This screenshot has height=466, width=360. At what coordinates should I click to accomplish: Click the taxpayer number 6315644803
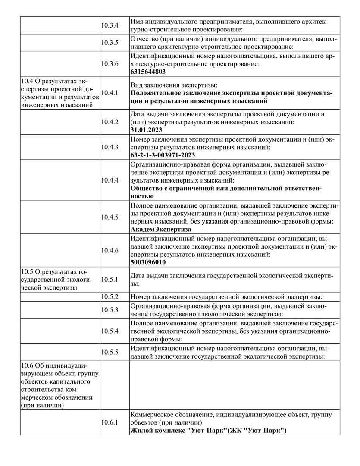148,72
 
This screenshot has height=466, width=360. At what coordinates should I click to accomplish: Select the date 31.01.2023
146,129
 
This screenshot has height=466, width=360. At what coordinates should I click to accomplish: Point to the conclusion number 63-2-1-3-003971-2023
163,155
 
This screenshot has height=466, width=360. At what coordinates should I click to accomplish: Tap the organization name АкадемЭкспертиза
161,230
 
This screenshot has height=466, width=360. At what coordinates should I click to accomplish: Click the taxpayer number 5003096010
148,262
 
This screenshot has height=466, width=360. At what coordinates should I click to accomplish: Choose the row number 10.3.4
110,25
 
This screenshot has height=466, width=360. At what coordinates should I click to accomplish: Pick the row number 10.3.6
110,63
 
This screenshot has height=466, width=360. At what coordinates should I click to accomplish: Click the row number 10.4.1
110,93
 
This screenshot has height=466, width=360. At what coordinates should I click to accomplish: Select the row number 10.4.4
110,180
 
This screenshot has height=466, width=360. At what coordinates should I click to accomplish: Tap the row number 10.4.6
110,250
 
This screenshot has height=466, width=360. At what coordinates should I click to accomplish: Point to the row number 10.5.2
110,297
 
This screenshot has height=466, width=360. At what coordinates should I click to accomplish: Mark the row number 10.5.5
110,352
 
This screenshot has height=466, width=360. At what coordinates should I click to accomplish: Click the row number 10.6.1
110,422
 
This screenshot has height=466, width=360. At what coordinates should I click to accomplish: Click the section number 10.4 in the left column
27,80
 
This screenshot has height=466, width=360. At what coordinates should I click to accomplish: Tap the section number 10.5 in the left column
27,271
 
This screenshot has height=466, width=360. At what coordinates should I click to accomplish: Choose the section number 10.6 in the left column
27,366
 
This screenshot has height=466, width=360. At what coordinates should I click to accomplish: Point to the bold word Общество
145,188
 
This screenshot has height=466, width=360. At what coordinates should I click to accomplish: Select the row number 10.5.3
110,310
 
